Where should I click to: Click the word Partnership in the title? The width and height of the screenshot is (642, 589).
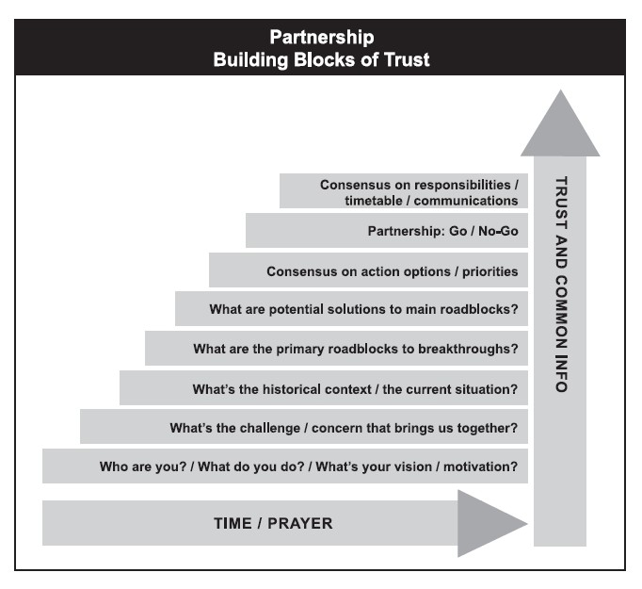(x=322, y=38)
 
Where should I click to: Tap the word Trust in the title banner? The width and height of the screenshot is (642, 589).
(x=407, y=60)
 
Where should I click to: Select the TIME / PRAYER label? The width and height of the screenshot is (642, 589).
(x=273, y=523)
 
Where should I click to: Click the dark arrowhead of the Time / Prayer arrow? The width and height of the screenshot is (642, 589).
(x=492, y=523)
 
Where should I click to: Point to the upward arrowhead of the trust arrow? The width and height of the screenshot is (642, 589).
(x=560, y=123)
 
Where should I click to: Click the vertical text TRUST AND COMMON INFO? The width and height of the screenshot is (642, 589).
(x=561, y=285)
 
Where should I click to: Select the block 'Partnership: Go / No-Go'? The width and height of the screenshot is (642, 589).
(x=387, y=230)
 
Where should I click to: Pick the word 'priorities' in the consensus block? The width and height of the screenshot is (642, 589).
(x=490, y=271)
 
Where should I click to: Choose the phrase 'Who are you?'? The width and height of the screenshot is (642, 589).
(x=143, y=466)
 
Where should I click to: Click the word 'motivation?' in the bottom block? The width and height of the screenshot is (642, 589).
(x=481, y=466)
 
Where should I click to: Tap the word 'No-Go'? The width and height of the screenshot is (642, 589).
(x=498, y=231)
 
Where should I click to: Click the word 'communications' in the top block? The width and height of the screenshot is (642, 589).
(x=466, y=201)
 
